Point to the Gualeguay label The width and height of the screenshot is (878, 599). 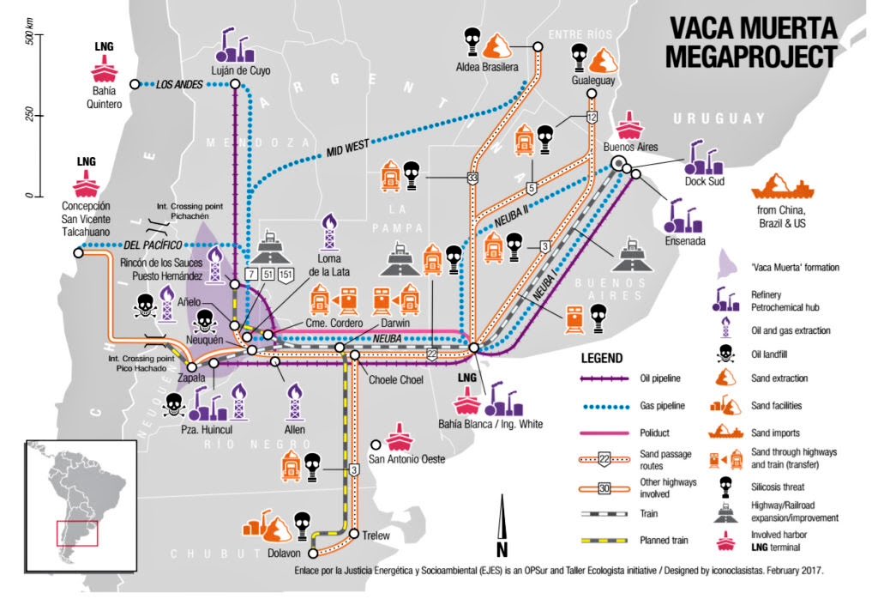click(591, 79)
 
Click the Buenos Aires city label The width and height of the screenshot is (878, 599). click(630, 147)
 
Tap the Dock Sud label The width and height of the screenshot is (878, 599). click(705, 181)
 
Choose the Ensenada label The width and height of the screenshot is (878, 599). click(683, 241)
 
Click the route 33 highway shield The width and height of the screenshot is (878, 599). click(472, 178)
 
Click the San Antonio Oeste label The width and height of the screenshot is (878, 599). click(406, 459)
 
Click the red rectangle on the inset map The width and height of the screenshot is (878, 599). click(77, 533)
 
